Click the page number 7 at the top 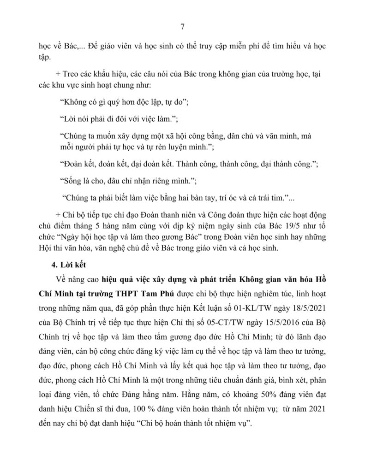click(182, 27)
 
